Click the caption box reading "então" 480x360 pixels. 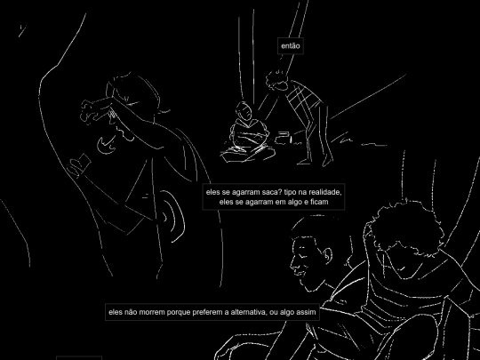click(290, 46)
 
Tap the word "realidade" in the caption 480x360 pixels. click(324, 192)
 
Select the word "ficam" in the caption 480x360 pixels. click(319, 202)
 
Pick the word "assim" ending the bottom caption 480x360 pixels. click(306, 312)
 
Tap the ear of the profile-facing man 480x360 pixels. click(327, 256)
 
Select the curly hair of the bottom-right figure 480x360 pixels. click(405, 226)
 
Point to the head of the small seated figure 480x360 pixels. click(244, 111)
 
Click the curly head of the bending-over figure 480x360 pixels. click(277, 80)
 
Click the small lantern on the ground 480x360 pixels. click(284, 139)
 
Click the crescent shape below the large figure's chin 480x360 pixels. click(107, 145)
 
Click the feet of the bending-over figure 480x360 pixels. click(316, 162)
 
